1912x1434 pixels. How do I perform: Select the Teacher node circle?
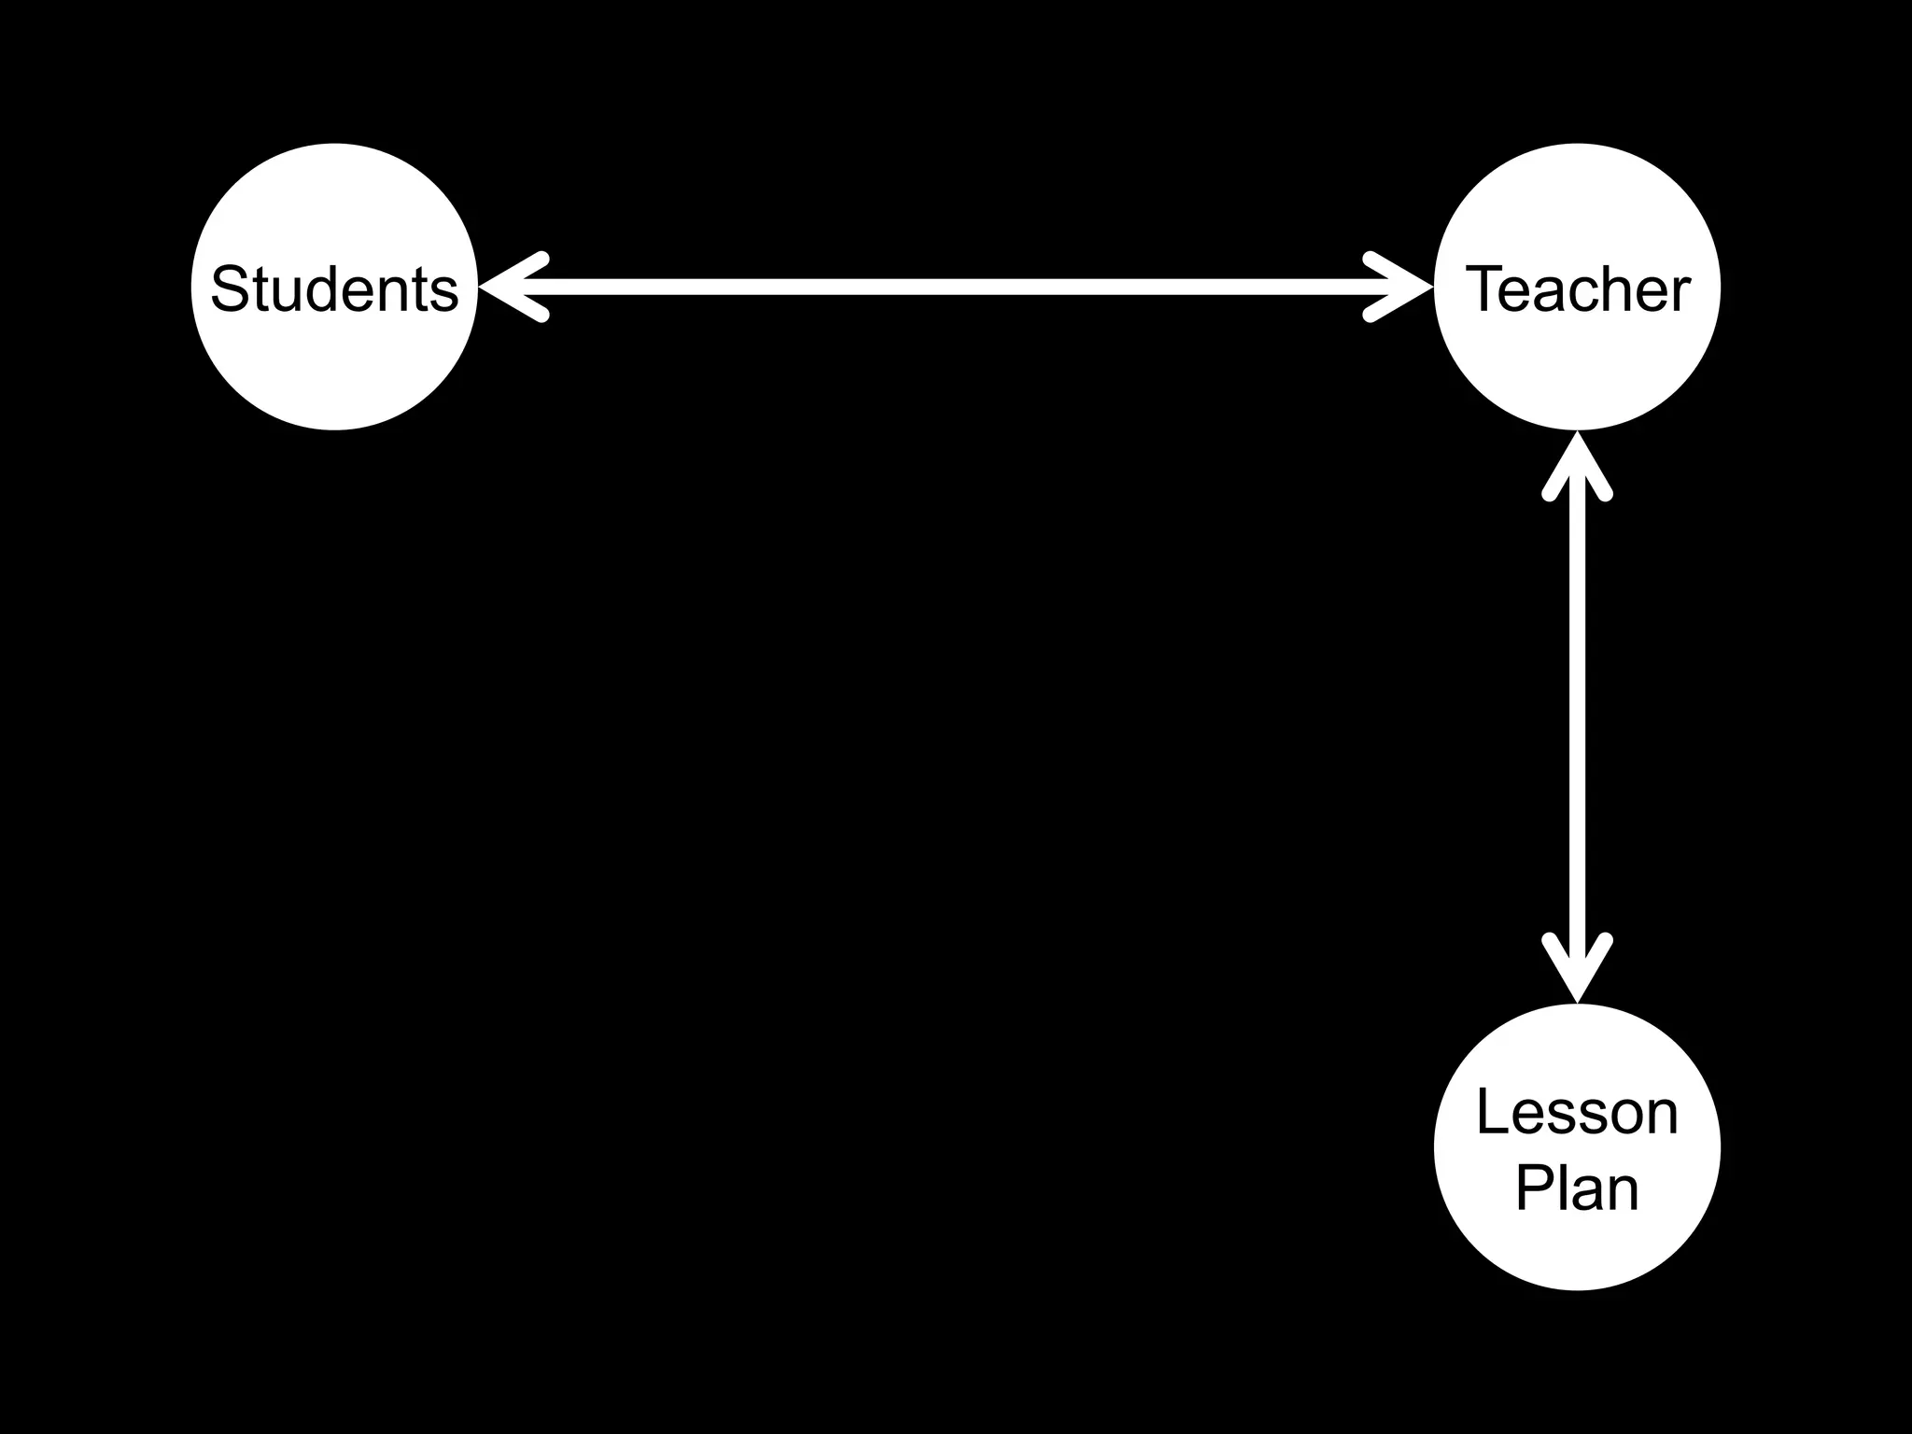coord(1577,364)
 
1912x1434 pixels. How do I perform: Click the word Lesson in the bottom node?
coord(1577,1113)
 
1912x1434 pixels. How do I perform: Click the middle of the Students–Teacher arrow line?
coord(955,287)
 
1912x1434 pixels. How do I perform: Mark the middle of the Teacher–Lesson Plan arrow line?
coord(1577,717)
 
